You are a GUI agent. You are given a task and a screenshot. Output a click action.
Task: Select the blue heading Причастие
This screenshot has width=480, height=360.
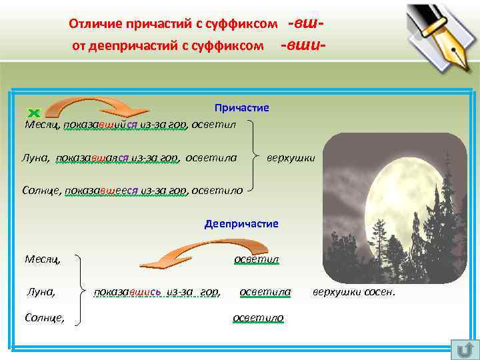pos(241,107)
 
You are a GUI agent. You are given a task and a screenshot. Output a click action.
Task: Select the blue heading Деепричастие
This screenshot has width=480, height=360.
pos(241,223)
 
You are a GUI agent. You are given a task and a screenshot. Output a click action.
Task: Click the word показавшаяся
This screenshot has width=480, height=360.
pos(93,158)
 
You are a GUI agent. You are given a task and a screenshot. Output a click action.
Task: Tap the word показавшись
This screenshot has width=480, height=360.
pos(127,291)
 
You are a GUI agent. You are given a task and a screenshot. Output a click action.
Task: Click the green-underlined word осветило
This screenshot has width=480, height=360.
pos(258,318)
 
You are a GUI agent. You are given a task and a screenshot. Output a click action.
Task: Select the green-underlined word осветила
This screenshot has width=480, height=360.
pos(265,291)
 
